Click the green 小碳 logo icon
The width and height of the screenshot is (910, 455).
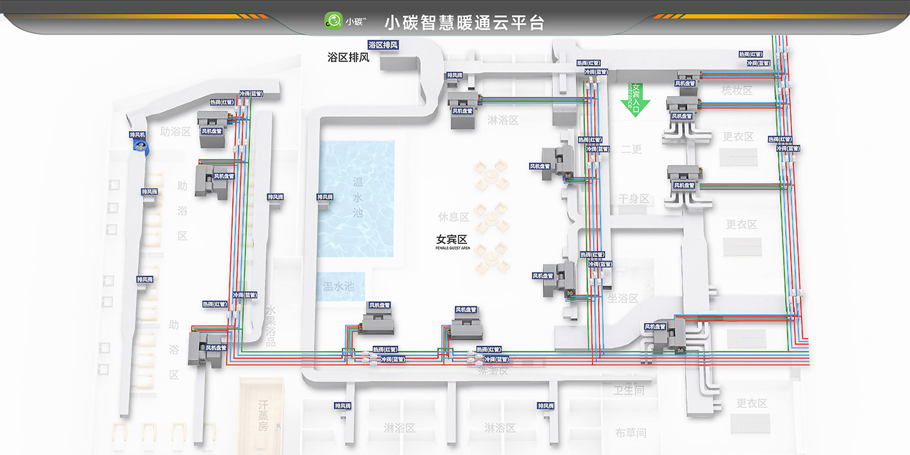tap(332, 21)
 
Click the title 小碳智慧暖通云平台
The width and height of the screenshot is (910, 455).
tap(464, 23)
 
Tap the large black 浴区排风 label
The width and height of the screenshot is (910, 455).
tap(348, 58)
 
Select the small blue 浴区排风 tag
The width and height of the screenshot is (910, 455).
tap(384, 45)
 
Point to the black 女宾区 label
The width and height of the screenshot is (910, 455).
tap(451, 240)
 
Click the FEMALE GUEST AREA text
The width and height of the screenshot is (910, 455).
tap(452, 248)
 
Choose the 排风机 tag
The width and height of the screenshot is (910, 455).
tap(138, 135)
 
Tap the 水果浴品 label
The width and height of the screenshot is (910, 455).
tap(270, 326)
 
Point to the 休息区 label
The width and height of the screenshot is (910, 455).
tap(454, 217)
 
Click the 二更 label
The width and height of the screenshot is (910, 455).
tap(631, 149)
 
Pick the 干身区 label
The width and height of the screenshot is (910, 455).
tap(633, 198)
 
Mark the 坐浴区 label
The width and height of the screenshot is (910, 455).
tap(622, 298)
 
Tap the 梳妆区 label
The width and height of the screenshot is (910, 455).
tap(737, 90)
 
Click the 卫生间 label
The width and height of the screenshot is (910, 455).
tap(629, 391)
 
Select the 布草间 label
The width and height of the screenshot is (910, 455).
tap(631, 433)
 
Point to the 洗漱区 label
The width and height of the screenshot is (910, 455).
tap(493, 371)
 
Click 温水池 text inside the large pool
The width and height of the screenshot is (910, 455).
tap(358, 196)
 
